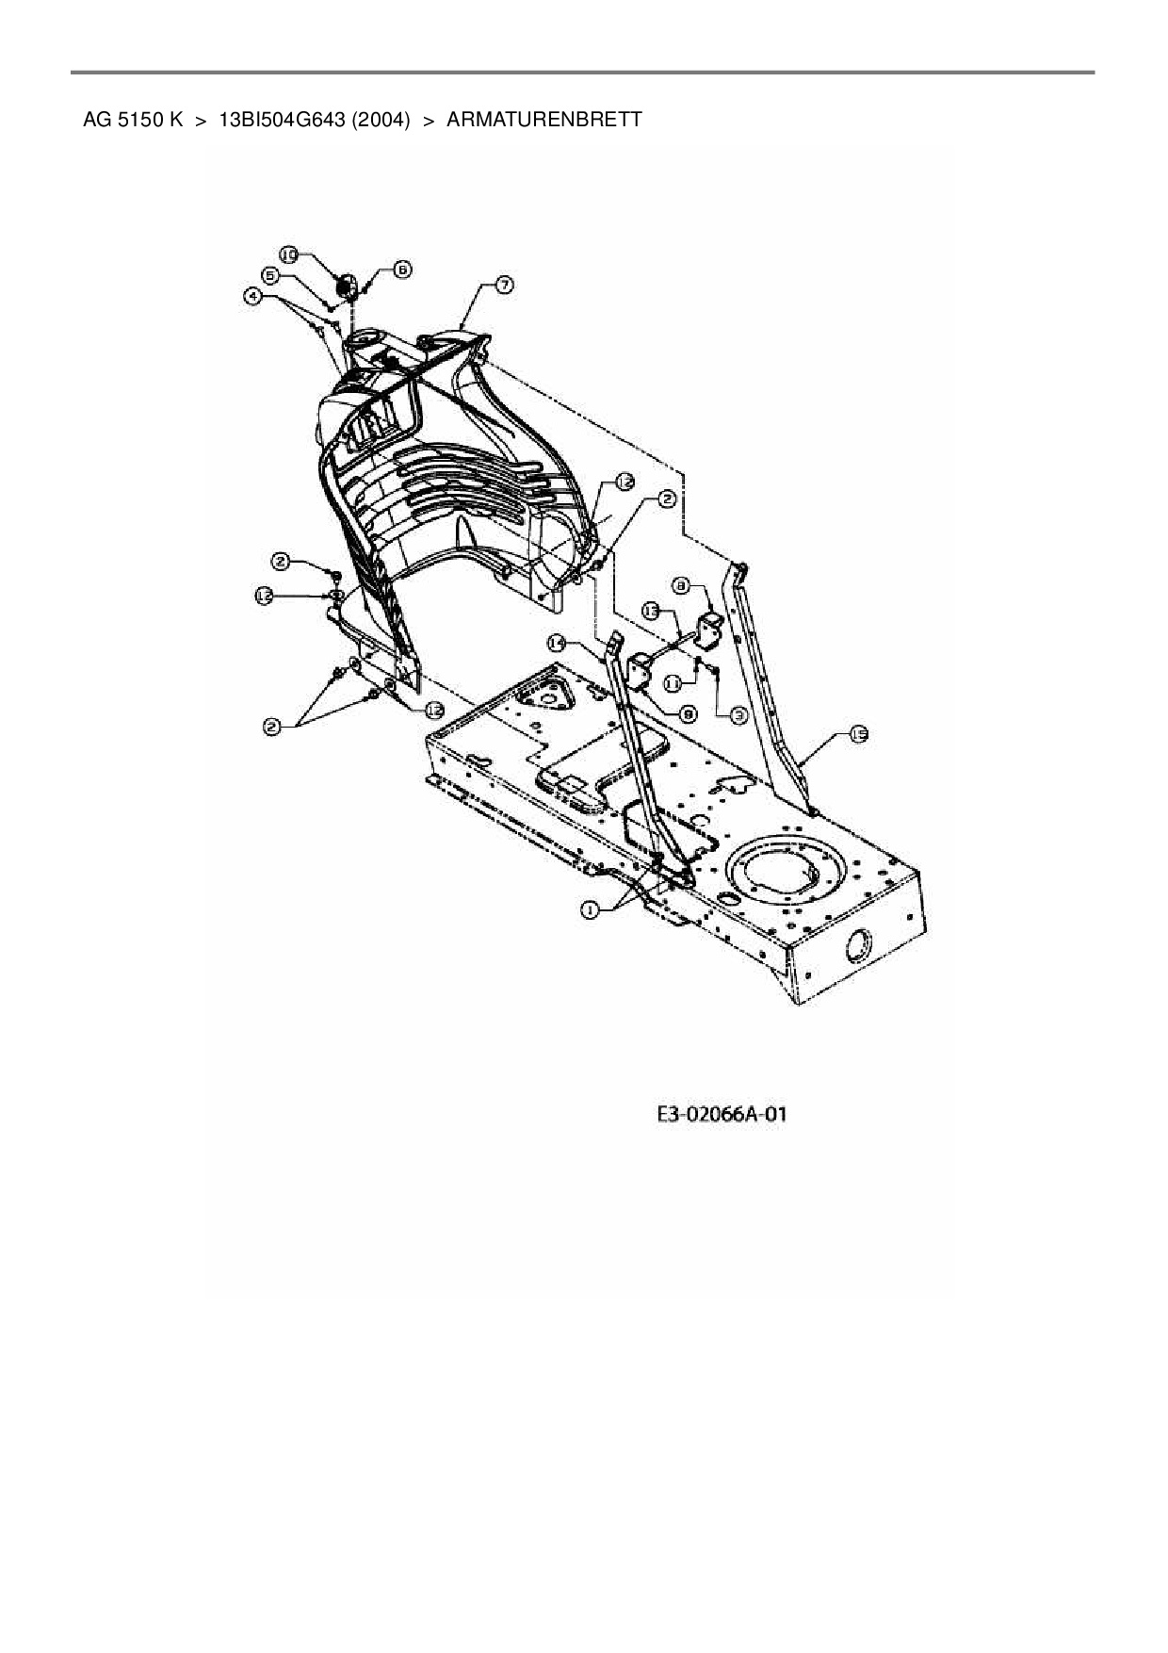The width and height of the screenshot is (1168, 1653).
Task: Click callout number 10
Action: click(x=289, y=254)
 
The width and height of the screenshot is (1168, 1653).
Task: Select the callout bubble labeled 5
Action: click(x=270, y=275)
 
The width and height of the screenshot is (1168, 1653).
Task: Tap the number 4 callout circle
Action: click(x=251, y=296)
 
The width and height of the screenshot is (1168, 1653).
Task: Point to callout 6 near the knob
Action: click(x=401, y=269)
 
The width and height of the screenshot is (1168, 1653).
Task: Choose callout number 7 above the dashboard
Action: click(x=504, y=285)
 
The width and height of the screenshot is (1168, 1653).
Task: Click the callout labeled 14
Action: click(x=557, y=643)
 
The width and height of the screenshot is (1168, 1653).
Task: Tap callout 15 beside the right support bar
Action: click(x=858, y=735)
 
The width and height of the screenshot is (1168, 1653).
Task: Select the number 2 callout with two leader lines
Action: click(x=272, y=726)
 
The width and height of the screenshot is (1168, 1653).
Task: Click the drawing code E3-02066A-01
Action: click(x=722, y=1115)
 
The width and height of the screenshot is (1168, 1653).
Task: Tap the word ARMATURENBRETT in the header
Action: click(x=543, y=120)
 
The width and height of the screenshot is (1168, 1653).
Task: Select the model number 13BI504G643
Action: click(x=280, y=120)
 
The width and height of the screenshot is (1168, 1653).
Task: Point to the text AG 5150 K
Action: click(x=133, y=120)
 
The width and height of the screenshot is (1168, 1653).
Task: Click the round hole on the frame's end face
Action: click(x=859, y=945)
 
